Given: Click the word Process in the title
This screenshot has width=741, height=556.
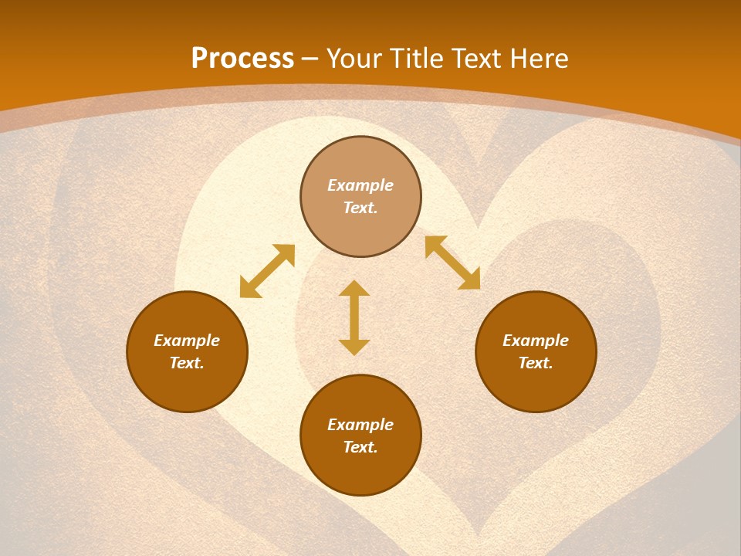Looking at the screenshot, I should pos(242,59).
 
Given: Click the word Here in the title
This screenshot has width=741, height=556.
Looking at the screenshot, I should pos(540,59).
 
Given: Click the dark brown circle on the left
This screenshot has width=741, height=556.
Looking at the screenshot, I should pos(187,386).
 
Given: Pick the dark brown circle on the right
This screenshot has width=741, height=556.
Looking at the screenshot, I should pos(536,386).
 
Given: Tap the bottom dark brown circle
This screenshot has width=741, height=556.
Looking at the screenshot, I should pos(360,471).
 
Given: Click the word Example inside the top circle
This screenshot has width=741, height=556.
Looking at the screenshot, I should pos(360,185).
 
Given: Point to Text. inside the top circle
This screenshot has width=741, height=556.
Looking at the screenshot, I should pos(360,208).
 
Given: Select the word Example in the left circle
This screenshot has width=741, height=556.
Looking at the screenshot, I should pos(187,341).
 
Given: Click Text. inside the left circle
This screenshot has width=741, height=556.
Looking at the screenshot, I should pos(187,363).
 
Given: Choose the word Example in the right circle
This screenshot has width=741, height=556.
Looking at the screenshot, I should pos(536,341).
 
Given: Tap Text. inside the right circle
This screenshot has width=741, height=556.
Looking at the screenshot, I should pos(536,363).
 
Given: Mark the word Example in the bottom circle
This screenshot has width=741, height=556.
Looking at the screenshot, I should pos(360,425).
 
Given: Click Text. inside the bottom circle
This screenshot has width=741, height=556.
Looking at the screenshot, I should pos(360,447).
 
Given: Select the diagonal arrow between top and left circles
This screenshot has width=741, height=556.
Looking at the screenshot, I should pos(267,271).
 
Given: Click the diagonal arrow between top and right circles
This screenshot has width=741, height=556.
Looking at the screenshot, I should pos(452,263).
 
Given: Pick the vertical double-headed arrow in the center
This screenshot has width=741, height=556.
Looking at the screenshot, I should pos(354,317).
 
